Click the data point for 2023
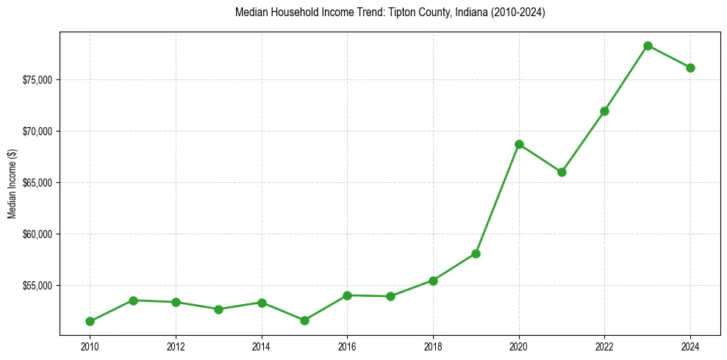tap(648, 46)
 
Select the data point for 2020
tap(519, 144)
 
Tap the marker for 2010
tap(90, 321)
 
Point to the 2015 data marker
tap(304, 320)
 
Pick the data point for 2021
tap(562, 172)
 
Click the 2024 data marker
tap(690, 68)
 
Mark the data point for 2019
tap(476, 253)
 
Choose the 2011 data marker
tap(133, 300)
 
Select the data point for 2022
tap(604, 111)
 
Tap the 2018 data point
tap(433, 281)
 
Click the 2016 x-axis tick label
tap(347, 345)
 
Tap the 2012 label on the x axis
tap(176, 345)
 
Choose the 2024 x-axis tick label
tap(690, 345)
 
